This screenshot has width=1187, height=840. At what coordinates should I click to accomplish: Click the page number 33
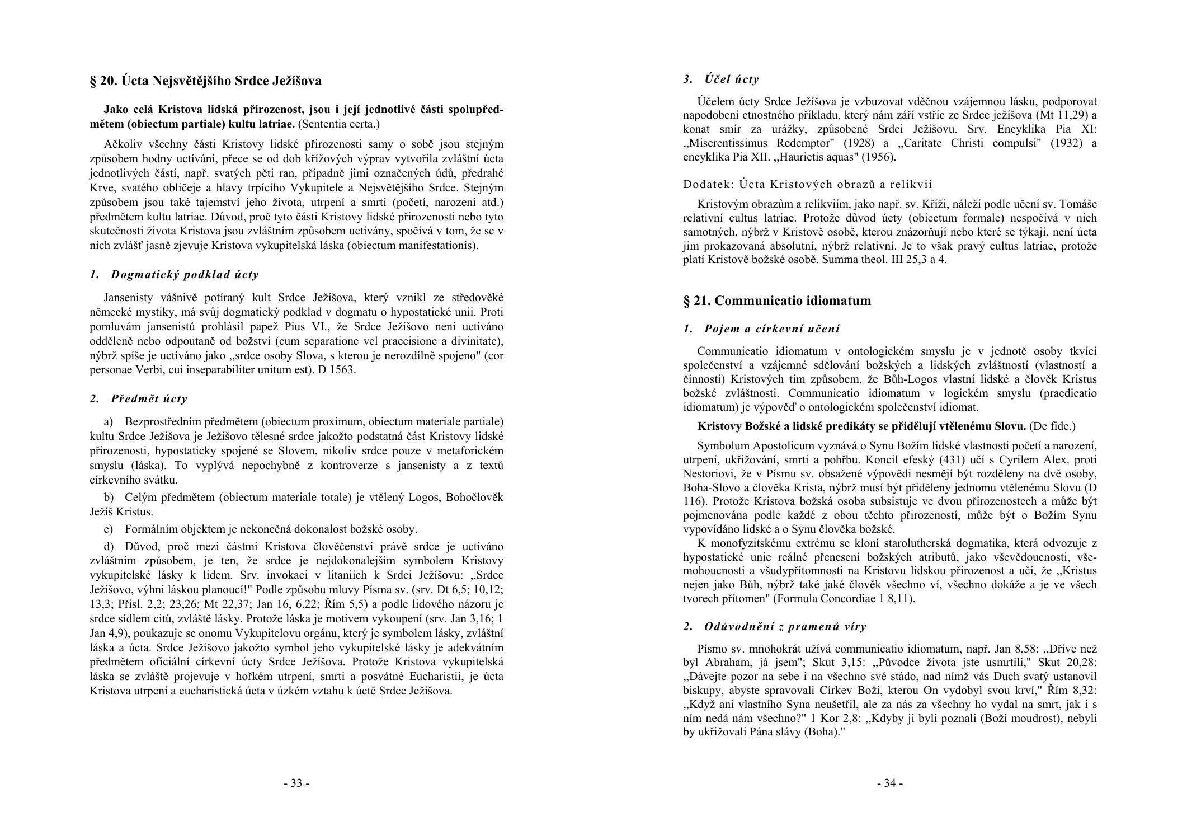point(296,783)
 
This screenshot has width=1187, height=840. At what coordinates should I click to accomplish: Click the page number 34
point(889,783)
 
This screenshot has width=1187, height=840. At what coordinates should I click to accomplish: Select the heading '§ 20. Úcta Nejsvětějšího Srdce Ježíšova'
point(205,81)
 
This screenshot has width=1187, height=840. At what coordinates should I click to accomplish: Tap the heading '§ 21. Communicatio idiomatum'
point(777,301)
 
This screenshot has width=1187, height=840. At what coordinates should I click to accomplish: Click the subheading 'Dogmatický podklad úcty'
point(185,274)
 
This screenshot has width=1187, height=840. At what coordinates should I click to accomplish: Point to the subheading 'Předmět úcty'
point(149,398)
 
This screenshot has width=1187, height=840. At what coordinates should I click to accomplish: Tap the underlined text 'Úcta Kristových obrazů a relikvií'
point(835,184)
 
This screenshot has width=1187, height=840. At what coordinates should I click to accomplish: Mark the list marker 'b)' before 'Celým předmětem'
point(109,497)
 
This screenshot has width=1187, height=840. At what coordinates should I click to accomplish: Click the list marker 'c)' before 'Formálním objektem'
point(109,529)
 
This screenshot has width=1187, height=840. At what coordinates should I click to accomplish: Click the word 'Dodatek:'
point(708,184)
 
